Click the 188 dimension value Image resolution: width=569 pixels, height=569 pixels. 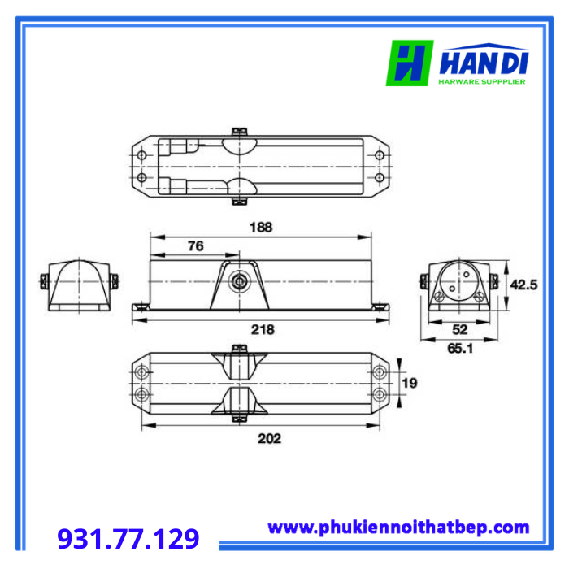tap(261, 227)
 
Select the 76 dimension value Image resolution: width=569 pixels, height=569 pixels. tap(196, 246)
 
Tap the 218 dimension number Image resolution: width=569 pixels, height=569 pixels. tap(263, 329)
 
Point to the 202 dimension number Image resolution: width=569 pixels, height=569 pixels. tap(269, 438)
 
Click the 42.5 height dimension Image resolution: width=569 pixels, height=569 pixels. tap(523, 284)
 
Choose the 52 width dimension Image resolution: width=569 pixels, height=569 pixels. tap(459, 329)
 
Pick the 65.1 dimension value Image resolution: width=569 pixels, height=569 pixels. tap(460, 349)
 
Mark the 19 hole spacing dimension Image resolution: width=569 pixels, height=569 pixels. tap(410, 383)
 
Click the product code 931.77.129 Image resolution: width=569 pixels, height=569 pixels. tap(128, 538)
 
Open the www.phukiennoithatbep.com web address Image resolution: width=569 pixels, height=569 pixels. tap(398, 528)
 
